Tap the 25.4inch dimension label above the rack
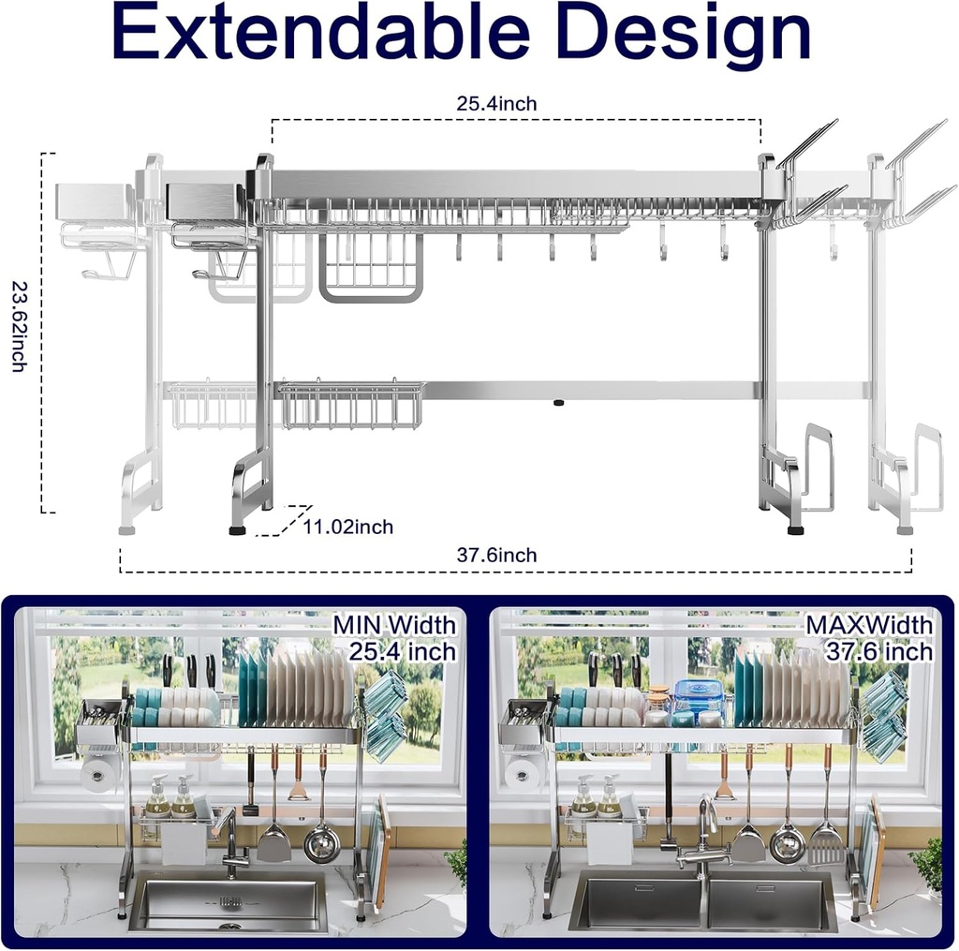coord(496,103)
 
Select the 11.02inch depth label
coord(347,528)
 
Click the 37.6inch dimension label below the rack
coord(496,556)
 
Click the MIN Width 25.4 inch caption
coord(394,637)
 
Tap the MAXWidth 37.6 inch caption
coord(870,637)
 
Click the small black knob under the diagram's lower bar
coord(558,403)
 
